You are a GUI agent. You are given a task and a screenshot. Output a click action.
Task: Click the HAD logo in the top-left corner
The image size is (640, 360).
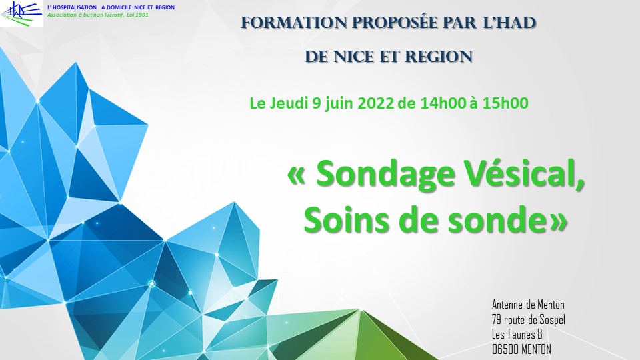click(x=21, y=13)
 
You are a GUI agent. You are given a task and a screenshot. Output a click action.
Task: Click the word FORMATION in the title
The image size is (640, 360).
click(x=294, y=23)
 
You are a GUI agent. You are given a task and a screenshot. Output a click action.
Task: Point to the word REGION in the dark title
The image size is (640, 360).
click(x=439, y=57)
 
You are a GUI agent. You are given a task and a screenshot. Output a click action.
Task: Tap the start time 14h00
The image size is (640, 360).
click(x=443, y=103)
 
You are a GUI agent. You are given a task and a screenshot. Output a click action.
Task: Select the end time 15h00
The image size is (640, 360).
click(x=505, y=103)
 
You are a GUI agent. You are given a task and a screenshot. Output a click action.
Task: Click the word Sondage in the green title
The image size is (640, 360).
click(x=386, y=174)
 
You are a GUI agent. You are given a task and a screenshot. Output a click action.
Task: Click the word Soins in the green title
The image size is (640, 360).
click(x=347, y=220)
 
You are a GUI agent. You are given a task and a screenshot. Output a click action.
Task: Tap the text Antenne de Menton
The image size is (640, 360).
click(x=528, y=305)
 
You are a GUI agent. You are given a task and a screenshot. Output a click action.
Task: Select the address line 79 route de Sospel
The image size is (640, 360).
click(x=529, y=319)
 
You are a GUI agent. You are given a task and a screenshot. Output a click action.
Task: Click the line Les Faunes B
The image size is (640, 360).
click(x=517, y=334)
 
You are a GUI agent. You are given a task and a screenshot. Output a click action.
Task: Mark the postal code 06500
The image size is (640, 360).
click(x=505, y=349)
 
